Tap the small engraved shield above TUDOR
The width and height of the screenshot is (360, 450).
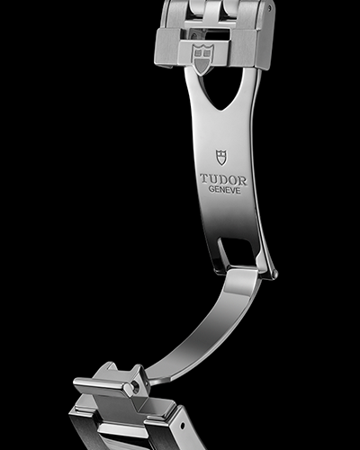(221, 157)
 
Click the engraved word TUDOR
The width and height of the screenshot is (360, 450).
(224, 180)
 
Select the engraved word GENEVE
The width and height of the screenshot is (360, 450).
(225, 190)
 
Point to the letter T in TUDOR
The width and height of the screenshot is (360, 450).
(204, 179)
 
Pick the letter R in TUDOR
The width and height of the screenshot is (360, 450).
(243, 181)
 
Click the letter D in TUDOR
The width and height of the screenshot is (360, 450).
(223, 180)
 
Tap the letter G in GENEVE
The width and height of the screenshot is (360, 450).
(211, 189)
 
